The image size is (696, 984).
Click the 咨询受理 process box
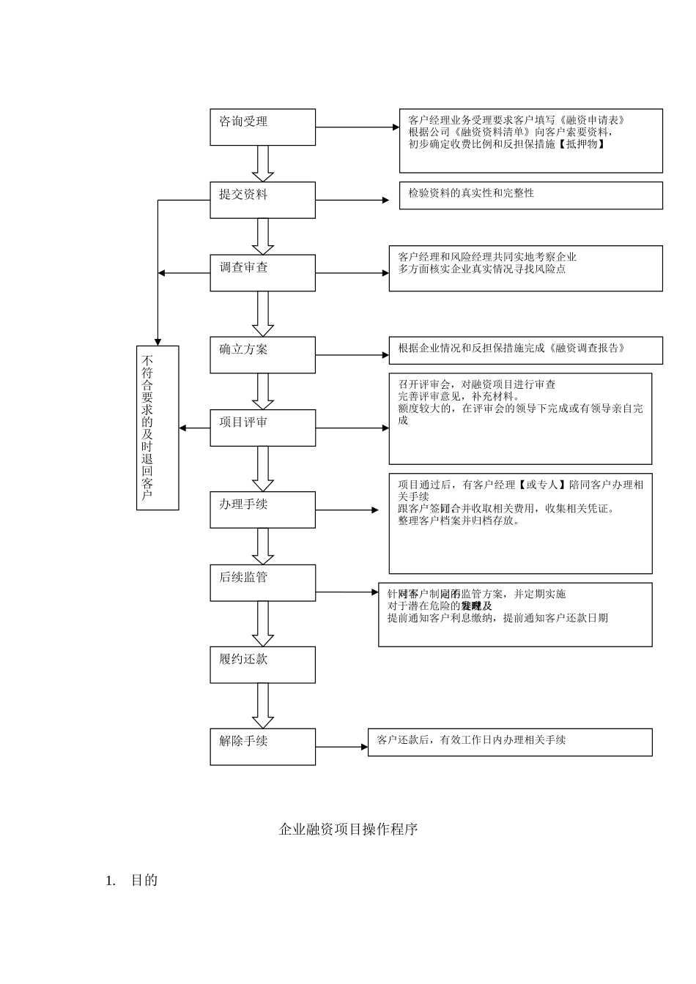(x=262, y=127)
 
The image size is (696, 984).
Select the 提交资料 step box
(x=262, y=200)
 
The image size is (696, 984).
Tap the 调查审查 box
(x=262, y=273)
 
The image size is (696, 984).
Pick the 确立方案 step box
(x=262, y=355)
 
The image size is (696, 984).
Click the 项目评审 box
(x=262, y=428)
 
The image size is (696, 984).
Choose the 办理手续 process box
(x=262, y=510)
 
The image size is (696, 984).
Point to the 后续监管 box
(x=262, y=583)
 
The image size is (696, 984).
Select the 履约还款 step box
(x=262, y=665)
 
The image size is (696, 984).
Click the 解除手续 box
(x=262, y=747)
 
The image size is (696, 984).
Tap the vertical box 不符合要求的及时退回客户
(x=158, y=428)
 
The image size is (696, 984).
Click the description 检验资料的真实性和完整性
(x=471, y=193)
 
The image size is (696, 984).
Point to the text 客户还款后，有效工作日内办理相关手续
(x=471, y=740)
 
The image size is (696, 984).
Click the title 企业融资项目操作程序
(x=348, y=830)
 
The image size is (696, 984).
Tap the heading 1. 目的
(x=133, y=881)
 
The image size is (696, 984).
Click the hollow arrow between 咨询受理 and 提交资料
(x=262, y=164)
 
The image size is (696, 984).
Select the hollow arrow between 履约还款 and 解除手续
(x=262, y=707)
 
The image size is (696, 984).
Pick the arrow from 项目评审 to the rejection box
(x=194, y=428)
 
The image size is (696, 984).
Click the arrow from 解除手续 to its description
(x=341, y=748)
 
